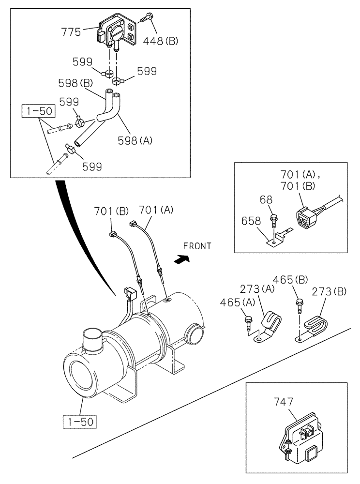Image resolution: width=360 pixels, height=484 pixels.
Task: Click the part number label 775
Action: pyautogui.click(x=71, y=32)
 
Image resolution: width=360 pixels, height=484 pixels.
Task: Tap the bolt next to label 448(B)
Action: pyautogui.click(x=147, y=19)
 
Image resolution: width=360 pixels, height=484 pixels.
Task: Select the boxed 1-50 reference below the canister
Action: pyautogui.click(x=79, y=421)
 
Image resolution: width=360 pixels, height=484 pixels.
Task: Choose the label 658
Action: pyautogui.click(x=251, y=222)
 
